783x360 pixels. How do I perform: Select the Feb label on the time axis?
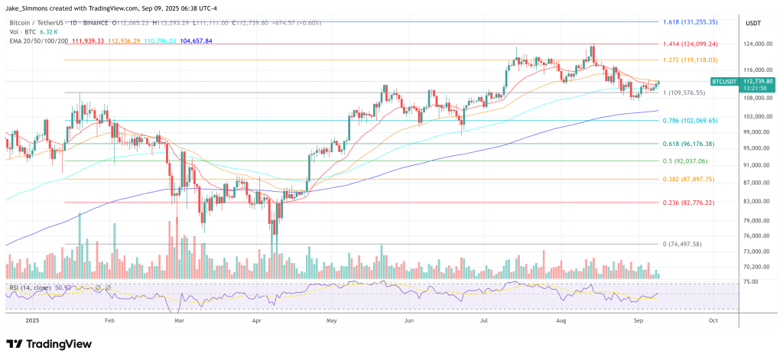coord(109,321)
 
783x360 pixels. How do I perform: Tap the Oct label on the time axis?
coord(713,321)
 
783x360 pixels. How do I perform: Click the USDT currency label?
coord(755,23)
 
